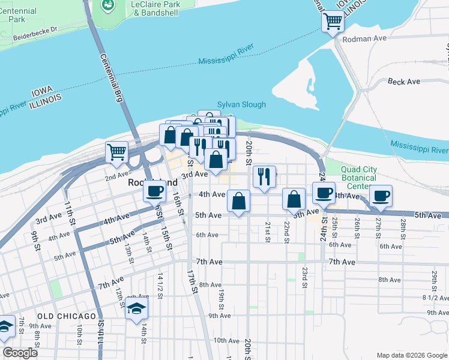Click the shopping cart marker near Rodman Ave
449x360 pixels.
click(x=333, y=23)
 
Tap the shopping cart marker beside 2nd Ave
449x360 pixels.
click(x=116, y=151)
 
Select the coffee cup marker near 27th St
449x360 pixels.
click(x=381, y=196)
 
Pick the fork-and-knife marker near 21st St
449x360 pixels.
click(x=264, y=176)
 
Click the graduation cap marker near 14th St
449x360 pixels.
click(x=136, y=310)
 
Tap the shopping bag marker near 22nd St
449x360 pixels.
click(x=294, y=199)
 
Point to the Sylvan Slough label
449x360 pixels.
click(x=241, y=104)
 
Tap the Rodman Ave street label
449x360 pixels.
click(x=364, y=38)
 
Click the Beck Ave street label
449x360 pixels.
click(x=404, y=82)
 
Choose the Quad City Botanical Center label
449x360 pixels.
click(x=359, y=178)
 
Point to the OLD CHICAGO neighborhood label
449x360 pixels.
click(x=66, y=316)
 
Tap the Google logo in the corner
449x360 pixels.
click(x=20, y=353)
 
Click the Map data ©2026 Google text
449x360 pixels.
click(x=411, y=355)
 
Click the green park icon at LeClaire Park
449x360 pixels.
click(x=109, y=5)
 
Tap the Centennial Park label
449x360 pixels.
click(x=18, y=15)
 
